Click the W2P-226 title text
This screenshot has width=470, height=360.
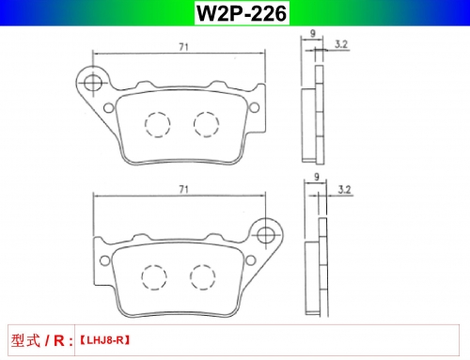[242, 13]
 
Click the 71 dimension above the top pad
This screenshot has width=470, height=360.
[183, 47]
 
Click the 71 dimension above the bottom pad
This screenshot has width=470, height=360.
[183, 189]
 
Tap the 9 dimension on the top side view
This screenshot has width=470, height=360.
[312, 33]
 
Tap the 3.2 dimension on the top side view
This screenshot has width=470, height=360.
[341, 44]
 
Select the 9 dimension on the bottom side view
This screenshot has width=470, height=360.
[317, 177]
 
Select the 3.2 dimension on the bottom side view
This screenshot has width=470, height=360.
[344, 190]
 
